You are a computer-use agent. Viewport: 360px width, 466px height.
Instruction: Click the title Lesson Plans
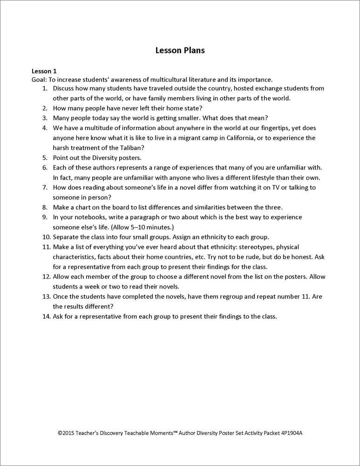180,50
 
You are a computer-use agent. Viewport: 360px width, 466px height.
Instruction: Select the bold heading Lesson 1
44,71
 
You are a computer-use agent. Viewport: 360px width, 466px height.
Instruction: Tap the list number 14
46,316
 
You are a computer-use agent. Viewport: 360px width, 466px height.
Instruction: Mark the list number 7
45,187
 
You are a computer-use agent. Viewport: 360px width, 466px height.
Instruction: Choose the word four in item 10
123,237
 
